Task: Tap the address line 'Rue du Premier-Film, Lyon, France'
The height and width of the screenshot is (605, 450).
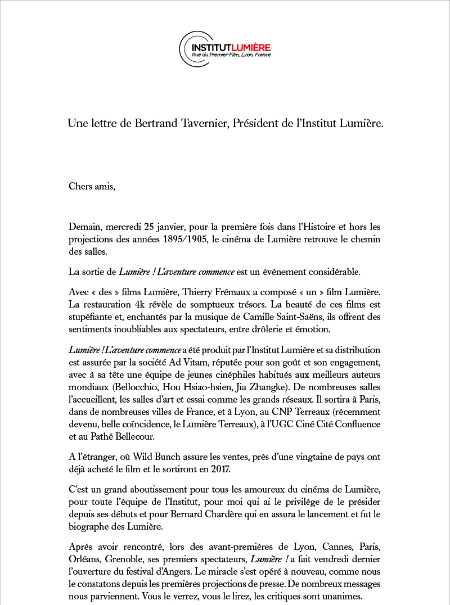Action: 231,55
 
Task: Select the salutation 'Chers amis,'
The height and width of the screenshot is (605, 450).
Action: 92,186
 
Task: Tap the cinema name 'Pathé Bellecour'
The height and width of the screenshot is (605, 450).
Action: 114,436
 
